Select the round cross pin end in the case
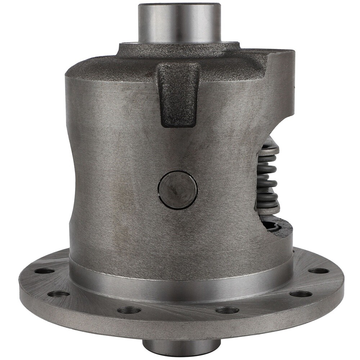177,189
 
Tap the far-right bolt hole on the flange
319,271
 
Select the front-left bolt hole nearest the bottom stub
129,310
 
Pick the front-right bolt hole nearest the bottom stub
227,310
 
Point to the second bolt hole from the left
58,294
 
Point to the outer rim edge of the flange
180,329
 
